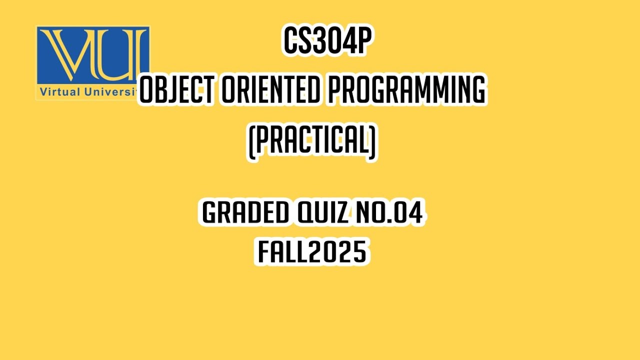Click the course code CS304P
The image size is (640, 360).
[x=326, y=41]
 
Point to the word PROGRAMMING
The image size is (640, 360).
[x=405, y=91]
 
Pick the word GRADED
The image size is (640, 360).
[x=245, y=212]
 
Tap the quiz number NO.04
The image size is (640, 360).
[x=388, y=212]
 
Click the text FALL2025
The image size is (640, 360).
[x=312, y=251]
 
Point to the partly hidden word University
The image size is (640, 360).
[x=112, y=92]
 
